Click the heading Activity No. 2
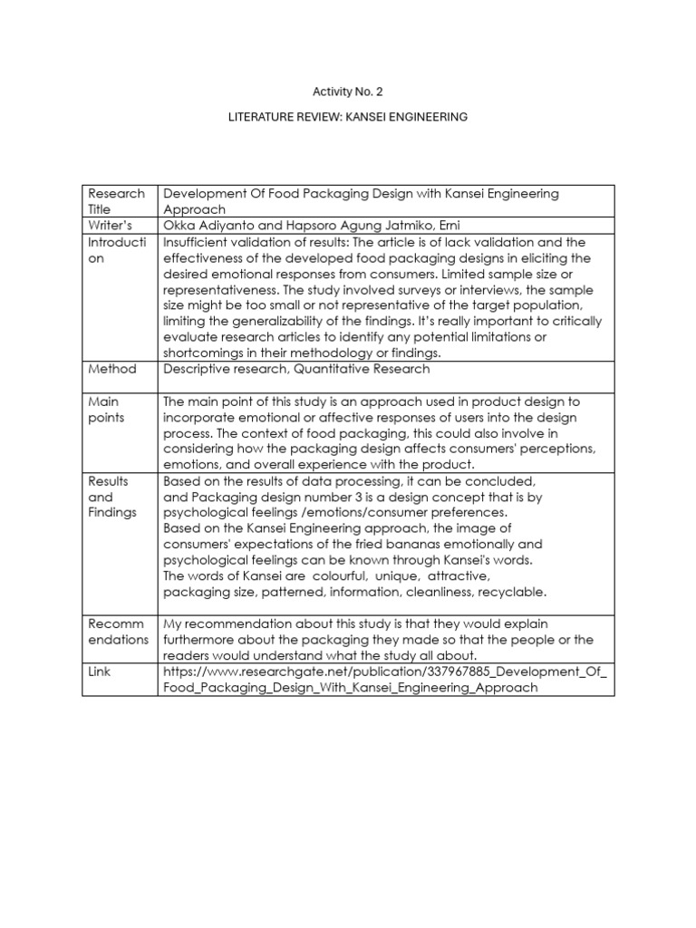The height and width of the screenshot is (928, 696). pos(348,92)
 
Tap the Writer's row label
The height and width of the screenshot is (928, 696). pos(108,225)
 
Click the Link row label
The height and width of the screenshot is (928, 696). pos(99,672)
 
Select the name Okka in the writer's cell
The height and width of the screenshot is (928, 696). pos(178,225)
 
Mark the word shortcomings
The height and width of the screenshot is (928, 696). pos(203,353)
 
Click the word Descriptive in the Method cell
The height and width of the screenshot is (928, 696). pos(198,369)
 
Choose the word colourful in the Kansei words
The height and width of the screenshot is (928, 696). pos(338,576)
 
